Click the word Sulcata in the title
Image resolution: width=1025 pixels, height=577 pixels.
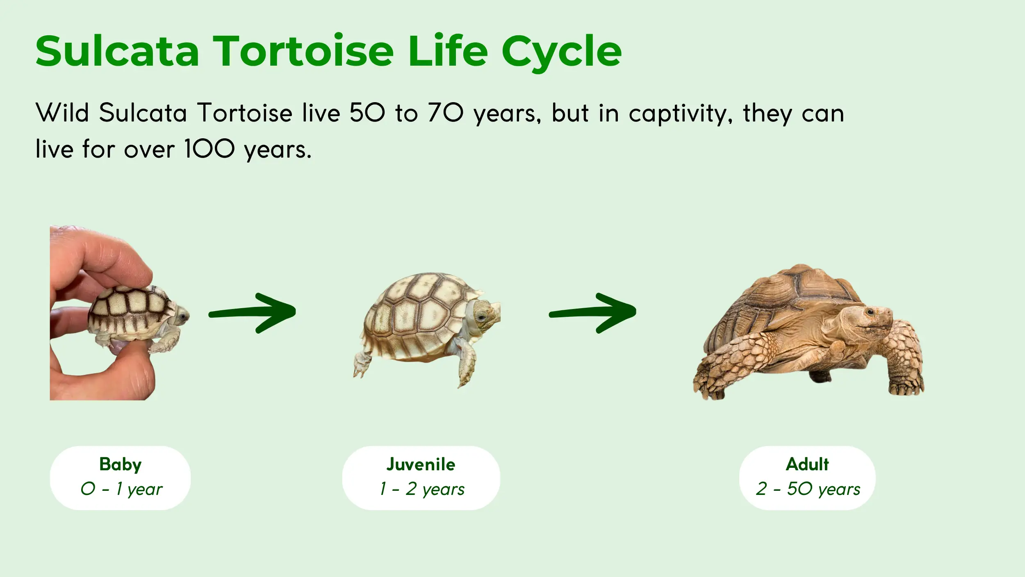tap(117, 51)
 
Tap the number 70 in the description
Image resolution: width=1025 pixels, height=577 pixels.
tap(446, 113)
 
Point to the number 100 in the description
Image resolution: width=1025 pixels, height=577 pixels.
tap(209, 149)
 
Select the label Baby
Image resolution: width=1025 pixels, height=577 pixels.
tap(120, 464)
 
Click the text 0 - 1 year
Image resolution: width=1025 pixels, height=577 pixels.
tap(121, 489)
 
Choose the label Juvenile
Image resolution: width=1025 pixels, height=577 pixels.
tap(421, 464)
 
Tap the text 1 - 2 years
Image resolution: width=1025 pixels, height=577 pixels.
tap(422, 489)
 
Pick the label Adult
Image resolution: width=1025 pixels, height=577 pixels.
tap(807, 464)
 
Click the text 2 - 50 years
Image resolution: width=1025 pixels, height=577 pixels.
tap(808, 489)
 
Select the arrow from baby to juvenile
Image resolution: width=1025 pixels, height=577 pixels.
tap(253, 313)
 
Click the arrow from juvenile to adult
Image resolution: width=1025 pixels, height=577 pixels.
tap(593, 313)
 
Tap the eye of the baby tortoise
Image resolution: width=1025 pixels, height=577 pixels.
tap(182, 316)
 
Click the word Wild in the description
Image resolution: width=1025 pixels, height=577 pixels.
tap(62, 113)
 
